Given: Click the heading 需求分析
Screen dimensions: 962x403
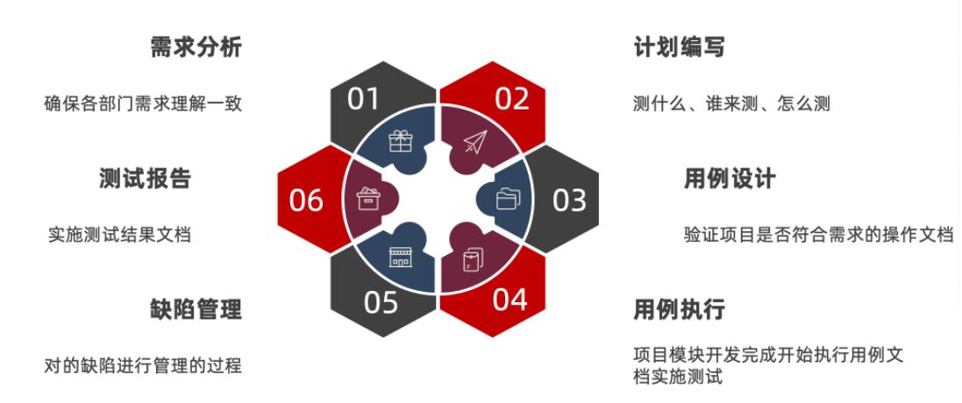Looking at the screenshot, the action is pos(196,47).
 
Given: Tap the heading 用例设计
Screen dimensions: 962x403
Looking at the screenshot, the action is pos(730,179).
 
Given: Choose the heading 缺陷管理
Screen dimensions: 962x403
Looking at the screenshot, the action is pos(196,309).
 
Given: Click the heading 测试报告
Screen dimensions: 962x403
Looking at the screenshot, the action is pos(146,179).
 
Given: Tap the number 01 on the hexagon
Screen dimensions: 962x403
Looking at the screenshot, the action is pos(363,98).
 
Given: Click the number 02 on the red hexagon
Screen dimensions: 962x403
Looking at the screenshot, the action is pos(512,98).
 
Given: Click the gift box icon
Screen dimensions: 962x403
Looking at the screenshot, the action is pos(401,141).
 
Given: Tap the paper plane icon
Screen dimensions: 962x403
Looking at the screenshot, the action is pos(474,142).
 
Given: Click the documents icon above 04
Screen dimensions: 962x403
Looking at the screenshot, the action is pos(473,259).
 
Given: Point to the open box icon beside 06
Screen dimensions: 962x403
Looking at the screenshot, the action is pos(367,199).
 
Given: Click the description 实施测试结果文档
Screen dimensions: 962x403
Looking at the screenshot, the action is pos(119,235).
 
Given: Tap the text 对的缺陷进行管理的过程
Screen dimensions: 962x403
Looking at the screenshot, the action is pos(143,364).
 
